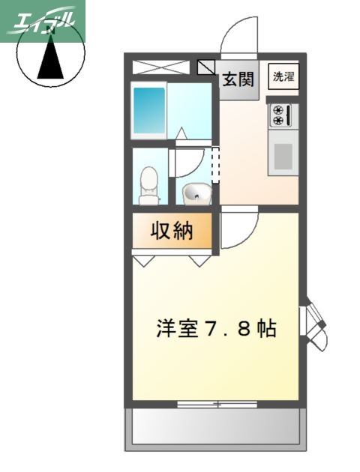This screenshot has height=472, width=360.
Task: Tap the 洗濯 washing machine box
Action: (x=283, y=77)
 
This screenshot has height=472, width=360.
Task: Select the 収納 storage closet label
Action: (x=172, y=232)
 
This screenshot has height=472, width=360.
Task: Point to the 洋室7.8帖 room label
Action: (x=216, y=328)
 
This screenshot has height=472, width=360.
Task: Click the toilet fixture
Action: (x=151, y=185)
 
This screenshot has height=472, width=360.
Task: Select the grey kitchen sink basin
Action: (x=283, y=157)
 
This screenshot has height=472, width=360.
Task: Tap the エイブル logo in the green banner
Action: (x=43, y=20)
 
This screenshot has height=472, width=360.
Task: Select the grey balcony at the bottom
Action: (x=217, y=430)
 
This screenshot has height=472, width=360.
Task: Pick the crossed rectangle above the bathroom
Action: (x=164, y=66)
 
